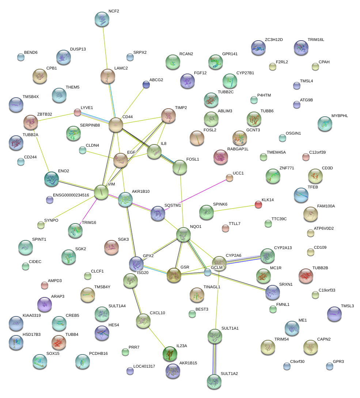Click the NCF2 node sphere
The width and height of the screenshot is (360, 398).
pyautogui.click(x=102, y=19)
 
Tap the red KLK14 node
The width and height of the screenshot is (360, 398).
pyautogui.click(x=258, y=204)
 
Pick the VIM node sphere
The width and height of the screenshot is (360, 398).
pyautogui.click(x=101, y=192)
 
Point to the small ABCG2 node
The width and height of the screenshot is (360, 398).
pyautogui.click(x=146, y=85)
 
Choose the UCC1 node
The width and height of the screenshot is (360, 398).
pyautogui.click(x=229, y=178)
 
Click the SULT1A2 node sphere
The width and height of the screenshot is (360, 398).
pyautogui.click(x=214, y=381)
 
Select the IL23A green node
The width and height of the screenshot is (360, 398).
pyautogui.click(x=170, y=353)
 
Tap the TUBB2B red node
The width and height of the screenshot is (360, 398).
pyautogui.click(x=306, y=276)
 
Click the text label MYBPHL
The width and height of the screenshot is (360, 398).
pyautogui.click(x=340, y=116)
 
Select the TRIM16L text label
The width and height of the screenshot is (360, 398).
pyautogui.click(x=316, y=40)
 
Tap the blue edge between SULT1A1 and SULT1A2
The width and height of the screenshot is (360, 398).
pyautogui.click(x=214, y=358)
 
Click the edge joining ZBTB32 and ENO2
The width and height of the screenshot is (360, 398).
pyautogui.click(x=41, y=150)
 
